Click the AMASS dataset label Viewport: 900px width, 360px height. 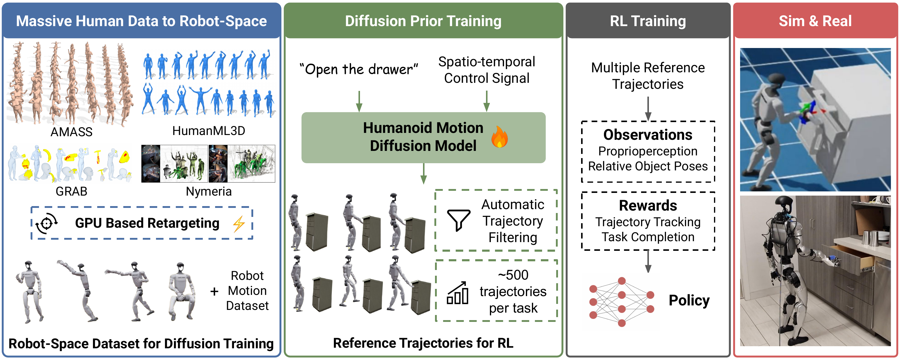[71, 132]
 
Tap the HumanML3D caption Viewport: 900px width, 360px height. [208, 131]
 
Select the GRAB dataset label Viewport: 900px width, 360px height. [71, 191]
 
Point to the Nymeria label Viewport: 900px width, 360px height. [208, 191]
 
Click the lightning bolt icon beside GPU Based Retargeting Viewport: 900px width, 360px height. [239, 224]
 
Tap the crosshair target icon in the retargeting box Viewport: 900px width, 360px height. [47, 223]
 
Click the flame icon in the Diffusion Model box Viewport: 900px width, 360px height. [499, 137]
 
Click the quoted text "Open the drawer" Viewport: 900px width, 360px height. [359, 69]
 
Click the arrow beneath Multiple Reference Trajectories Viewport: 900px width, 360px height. [648, 108]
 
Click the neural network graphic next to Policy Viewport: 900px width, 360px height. [621, 301]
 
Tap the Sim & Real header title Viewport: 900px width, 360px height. [815, 21]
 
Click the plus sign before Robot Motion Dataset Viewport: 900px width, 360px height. [214, 291]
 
